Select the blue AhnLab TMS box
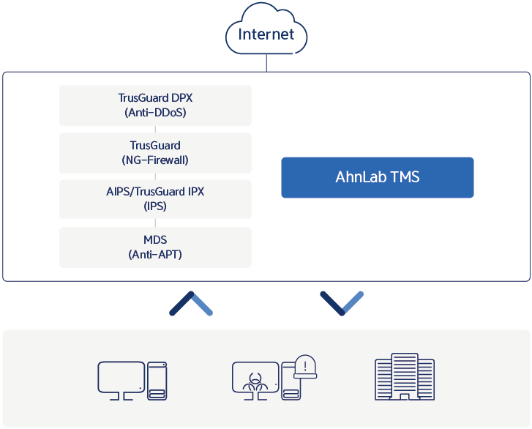[378, 177]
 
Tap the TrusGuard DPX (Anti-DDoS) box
[155, 105]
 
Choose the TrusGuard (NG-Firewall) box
[155, 153]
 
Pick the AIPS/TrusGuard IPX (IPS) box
[155, 199]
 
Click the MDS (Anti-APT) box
[155, 247]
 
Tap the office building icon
[405, 377]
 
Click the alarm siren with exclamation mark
[305, 367]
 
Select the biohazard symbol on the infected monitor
[255, 382]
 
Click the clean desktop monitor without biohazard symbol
[121, 381]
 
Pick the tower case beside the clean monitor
[157, 381]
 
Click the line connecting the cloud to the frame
[266, 63]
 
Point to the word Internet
[266, 34]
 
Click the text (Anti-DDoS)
[155, 112]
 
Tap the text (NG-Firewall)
[155, 160]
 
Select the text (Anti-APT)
[155, 254]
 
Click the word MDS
[155, 239]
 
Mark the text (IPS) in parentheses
[155, 206]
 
